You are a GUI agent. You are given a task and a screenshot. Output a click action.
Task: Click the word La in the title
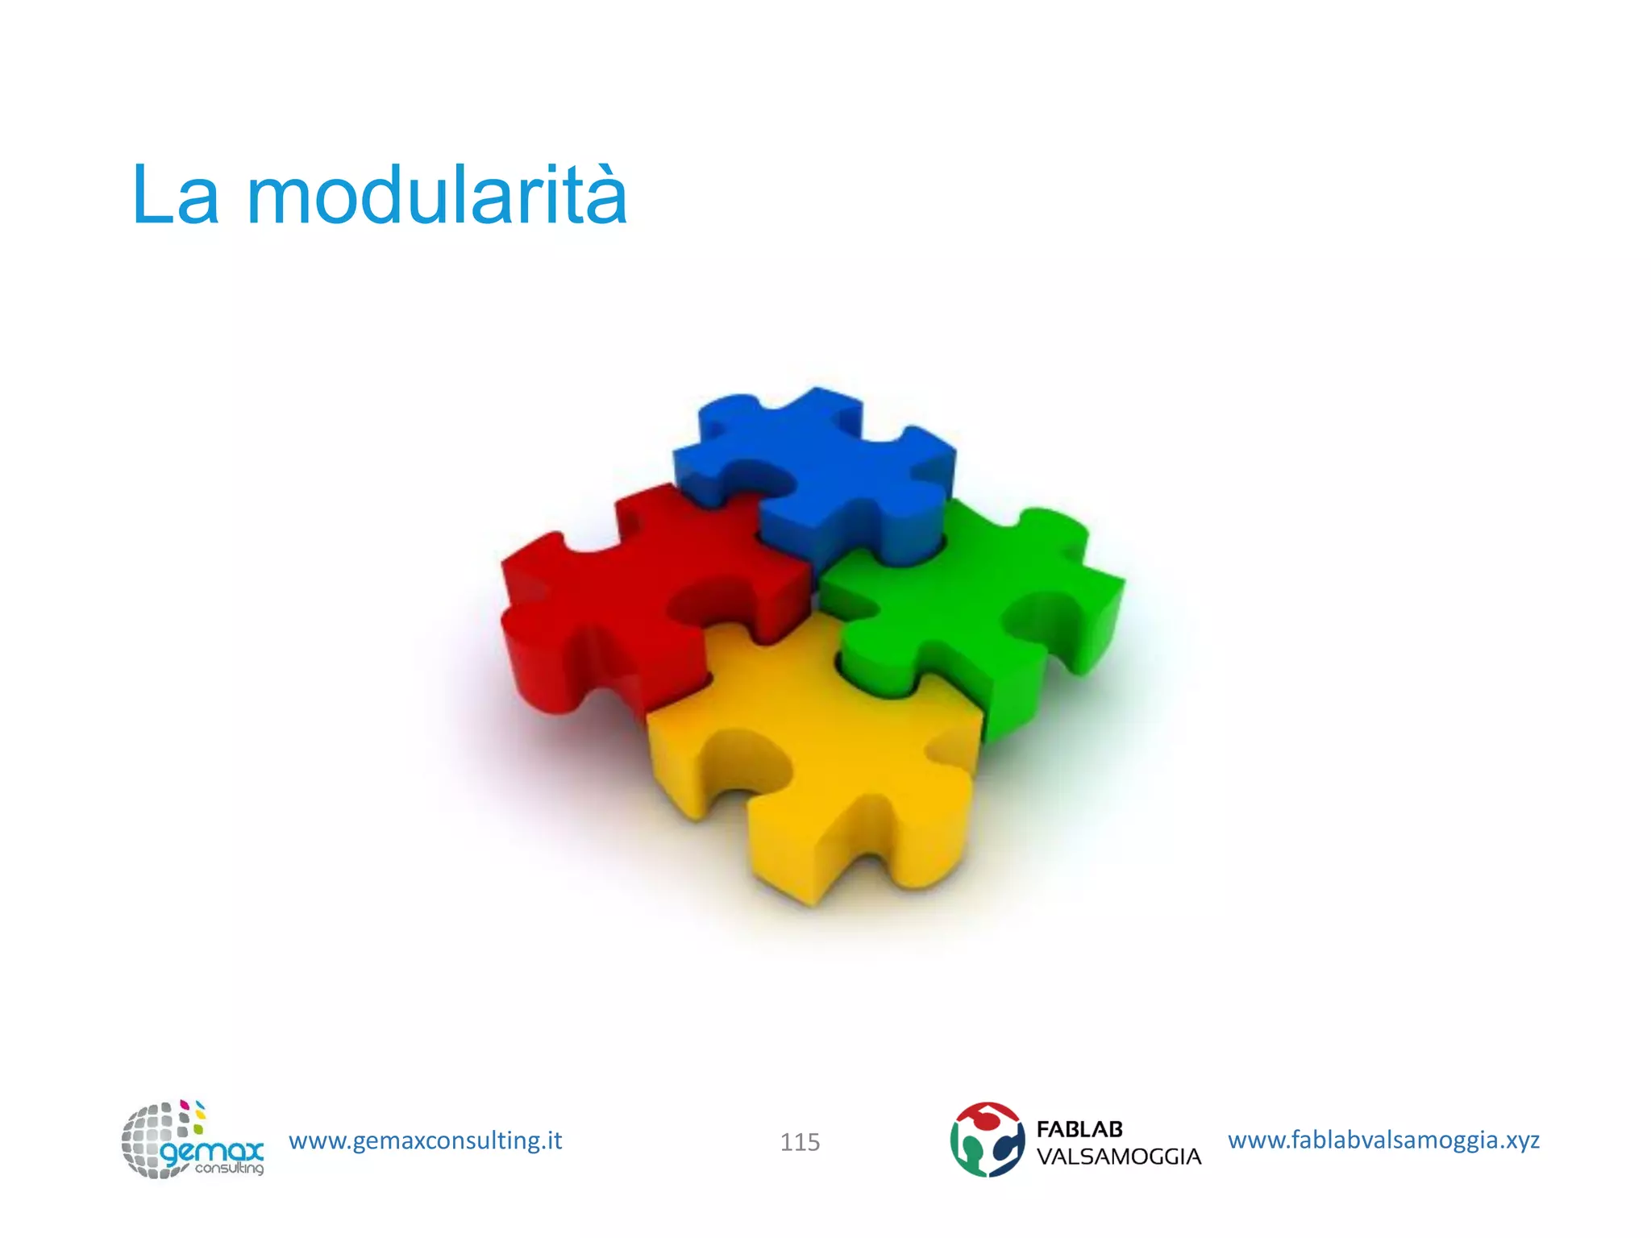click(174, 195)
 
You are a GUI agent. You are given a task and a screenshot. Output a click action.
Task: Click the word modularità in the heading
click(436, 195)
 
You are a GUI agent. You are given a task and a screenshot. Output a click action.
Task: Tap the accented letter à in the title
click(597, 197)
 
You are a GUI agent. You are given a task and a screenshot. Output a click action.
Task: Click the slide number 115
click(800, 1142)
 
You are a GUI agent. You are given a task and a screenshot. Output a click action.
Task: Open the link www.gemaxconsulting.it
click(425, 1140)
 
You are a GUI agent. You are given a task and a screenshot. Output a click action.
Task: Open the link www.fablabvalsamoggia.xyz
click(1383, 1140)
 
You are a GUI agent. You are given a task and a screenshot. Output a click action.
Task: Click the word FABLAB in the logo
click(1079, 1129)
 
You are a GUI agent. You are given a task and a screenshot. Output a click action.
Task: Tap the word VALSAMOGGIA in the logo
click(1118, 1157)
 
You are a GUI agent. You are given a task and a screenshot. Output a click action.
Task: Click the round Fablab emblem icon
click(987, 1140)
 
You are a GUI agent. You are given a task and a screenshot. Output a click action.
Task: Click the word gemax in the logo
click(211, 1150)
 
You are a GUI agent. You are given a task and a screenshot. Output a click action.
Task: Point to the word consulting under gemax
click(229, 1168)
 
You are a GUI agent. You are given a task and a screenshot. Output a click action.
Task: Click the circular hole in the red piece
click(709, 600)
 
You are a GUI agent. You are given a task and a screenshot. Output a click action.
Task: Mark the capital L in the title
click(150, 195)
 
